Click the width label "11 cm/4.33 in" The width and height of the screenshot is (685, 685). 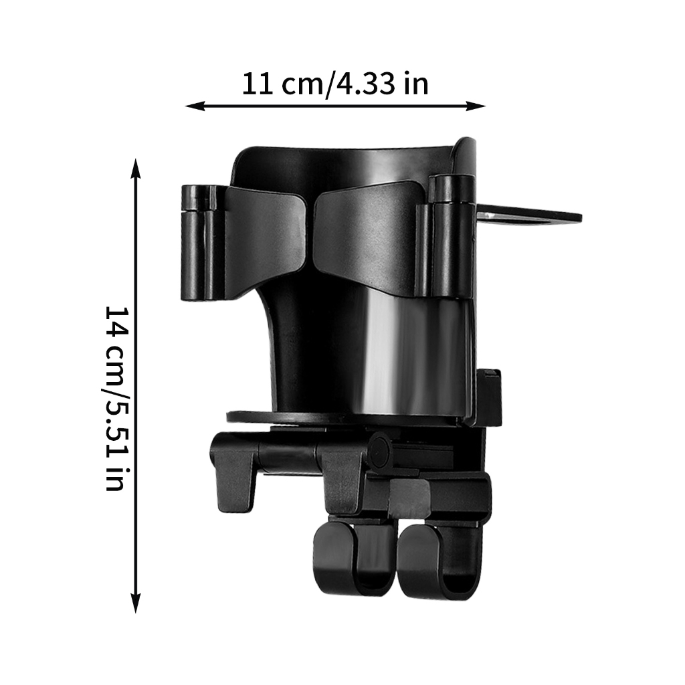[x=335, y=84]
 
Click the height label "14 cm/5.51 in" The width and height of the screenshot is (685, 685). [x=117, y=399]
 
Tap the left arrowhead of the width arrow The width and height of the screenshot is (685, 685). [x=195, y=106]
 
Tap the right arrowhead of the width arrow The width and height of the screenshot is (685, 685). [x=476, y=106]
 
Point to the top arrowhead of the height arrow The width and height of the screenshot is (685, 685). [x=136, y=169]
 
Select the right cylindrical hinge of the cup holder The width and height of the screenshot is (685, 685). [x=450, y=236]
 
